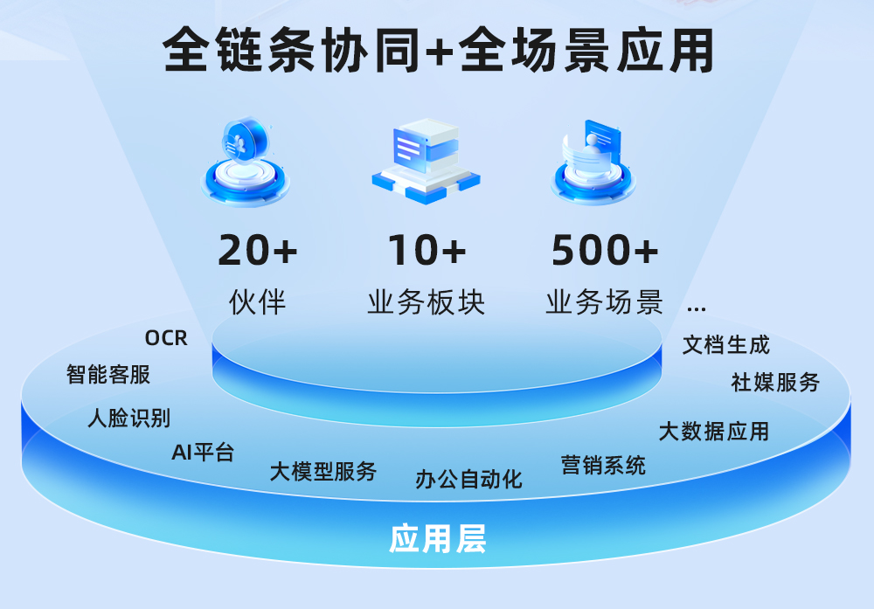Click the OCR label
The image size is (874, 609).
[166, 337]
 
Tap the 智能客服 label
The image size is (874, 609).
[108, 374]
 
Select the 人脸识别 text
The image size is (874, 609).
[128, 418]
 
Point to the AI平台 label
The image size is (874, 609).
[203, 452]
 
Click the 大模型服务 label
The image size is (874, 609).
[323, 471]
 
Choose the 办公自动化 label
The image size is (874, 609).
[468, 479]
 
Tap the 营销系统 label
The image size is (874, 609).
[603, 465]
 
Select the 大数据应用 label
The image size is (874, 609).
[713, 432]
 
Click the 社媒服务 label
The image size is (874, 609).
[775, 382]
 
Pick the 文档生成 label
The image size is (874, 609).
[726, 345]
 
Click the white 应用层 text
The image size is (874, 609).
[437, 539]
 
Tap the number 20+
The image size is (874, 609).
[258, 250]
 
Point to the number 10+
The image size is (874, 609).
[427, 250]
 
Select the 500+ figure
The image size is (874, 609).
[605, 250]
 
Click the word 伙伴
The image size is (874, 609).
[258, 302]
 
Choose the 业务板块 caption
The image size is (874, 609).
[427, 302]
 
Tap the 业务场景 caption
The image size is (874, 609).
[605, 302]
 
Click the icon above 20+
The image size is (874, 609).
[246, 162]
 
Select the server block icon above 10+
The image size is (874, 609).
[427, 161]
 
